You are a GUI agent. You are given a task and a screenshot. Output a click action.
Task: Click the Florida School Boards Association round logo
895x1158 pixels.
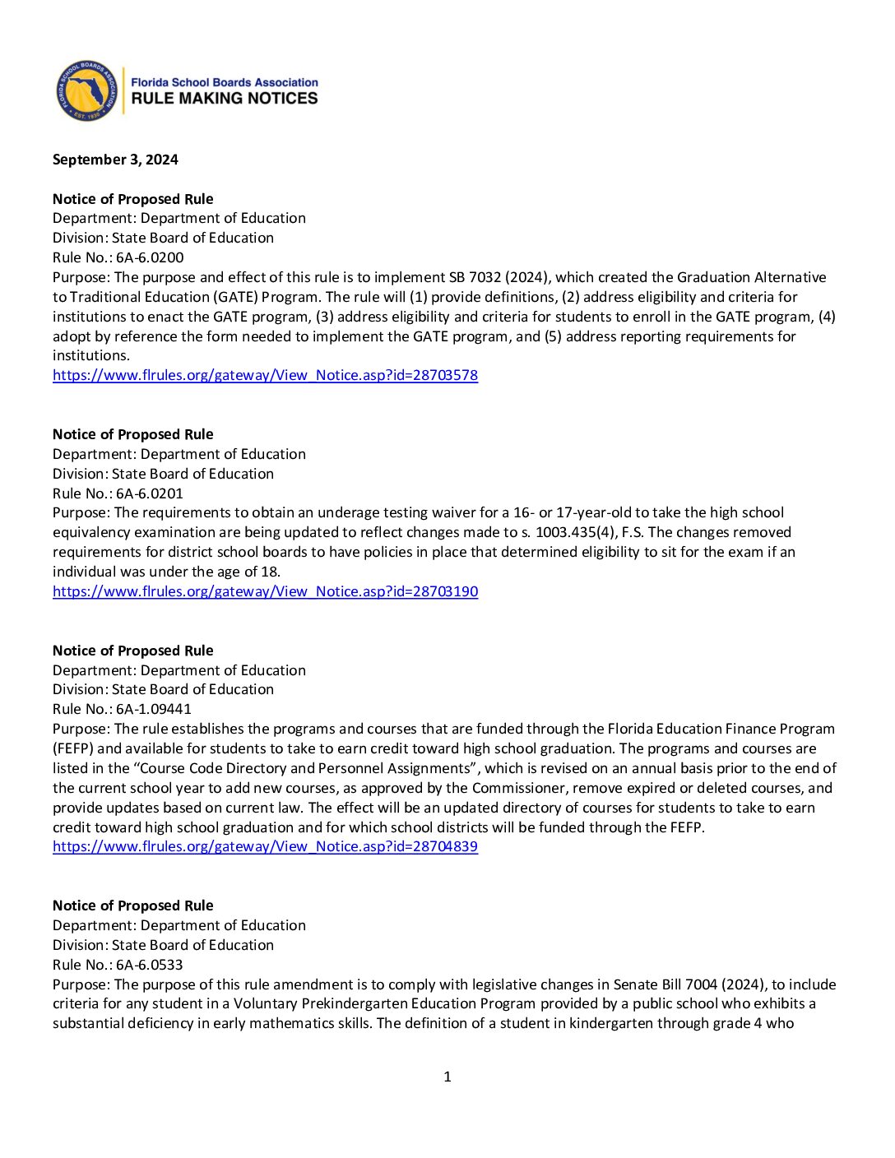(x=86, y=90)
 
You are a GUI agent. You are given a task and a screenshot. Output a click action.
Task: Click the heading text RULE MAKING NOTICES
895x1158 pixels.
(x=224, y=99)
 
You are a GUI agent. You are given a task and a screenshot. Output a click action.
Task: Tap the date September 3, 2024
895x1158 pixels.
(x=115, y=160)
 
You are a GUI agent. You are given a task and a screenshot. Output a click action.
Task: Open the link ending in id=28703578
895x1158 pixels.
(x=265, y=375)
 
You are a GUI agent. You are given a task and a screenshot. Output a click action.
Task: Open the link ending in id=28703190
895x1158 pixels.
(x=265, y=591)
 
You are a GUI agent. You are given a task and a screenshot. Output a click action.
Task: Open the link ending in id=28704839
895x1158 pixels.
(x=265, y=846)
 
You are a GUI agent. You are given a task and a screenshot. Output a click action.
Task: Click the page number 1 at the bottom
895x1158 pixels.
(x=447, y=1077)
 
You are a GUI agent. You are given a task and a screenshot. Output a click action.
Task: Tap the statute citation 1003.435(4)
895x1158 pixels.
(x=576, y=532)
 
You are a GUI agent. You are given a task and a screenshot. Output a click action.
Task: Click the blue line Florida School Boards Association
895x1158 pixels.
(x=224, y=82)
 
